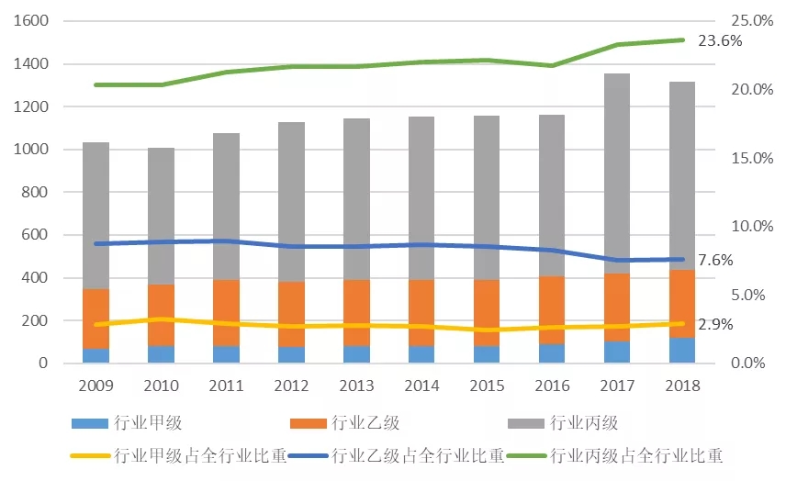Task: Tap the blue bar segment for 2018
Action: point(682,352)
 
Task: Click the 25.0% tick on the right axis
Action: point(747,21)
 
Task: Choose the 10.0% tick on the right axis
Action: point(747,227)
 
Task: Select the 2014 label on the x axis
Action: point(421,386)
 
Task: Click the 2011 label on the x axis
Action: point(226,386)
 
